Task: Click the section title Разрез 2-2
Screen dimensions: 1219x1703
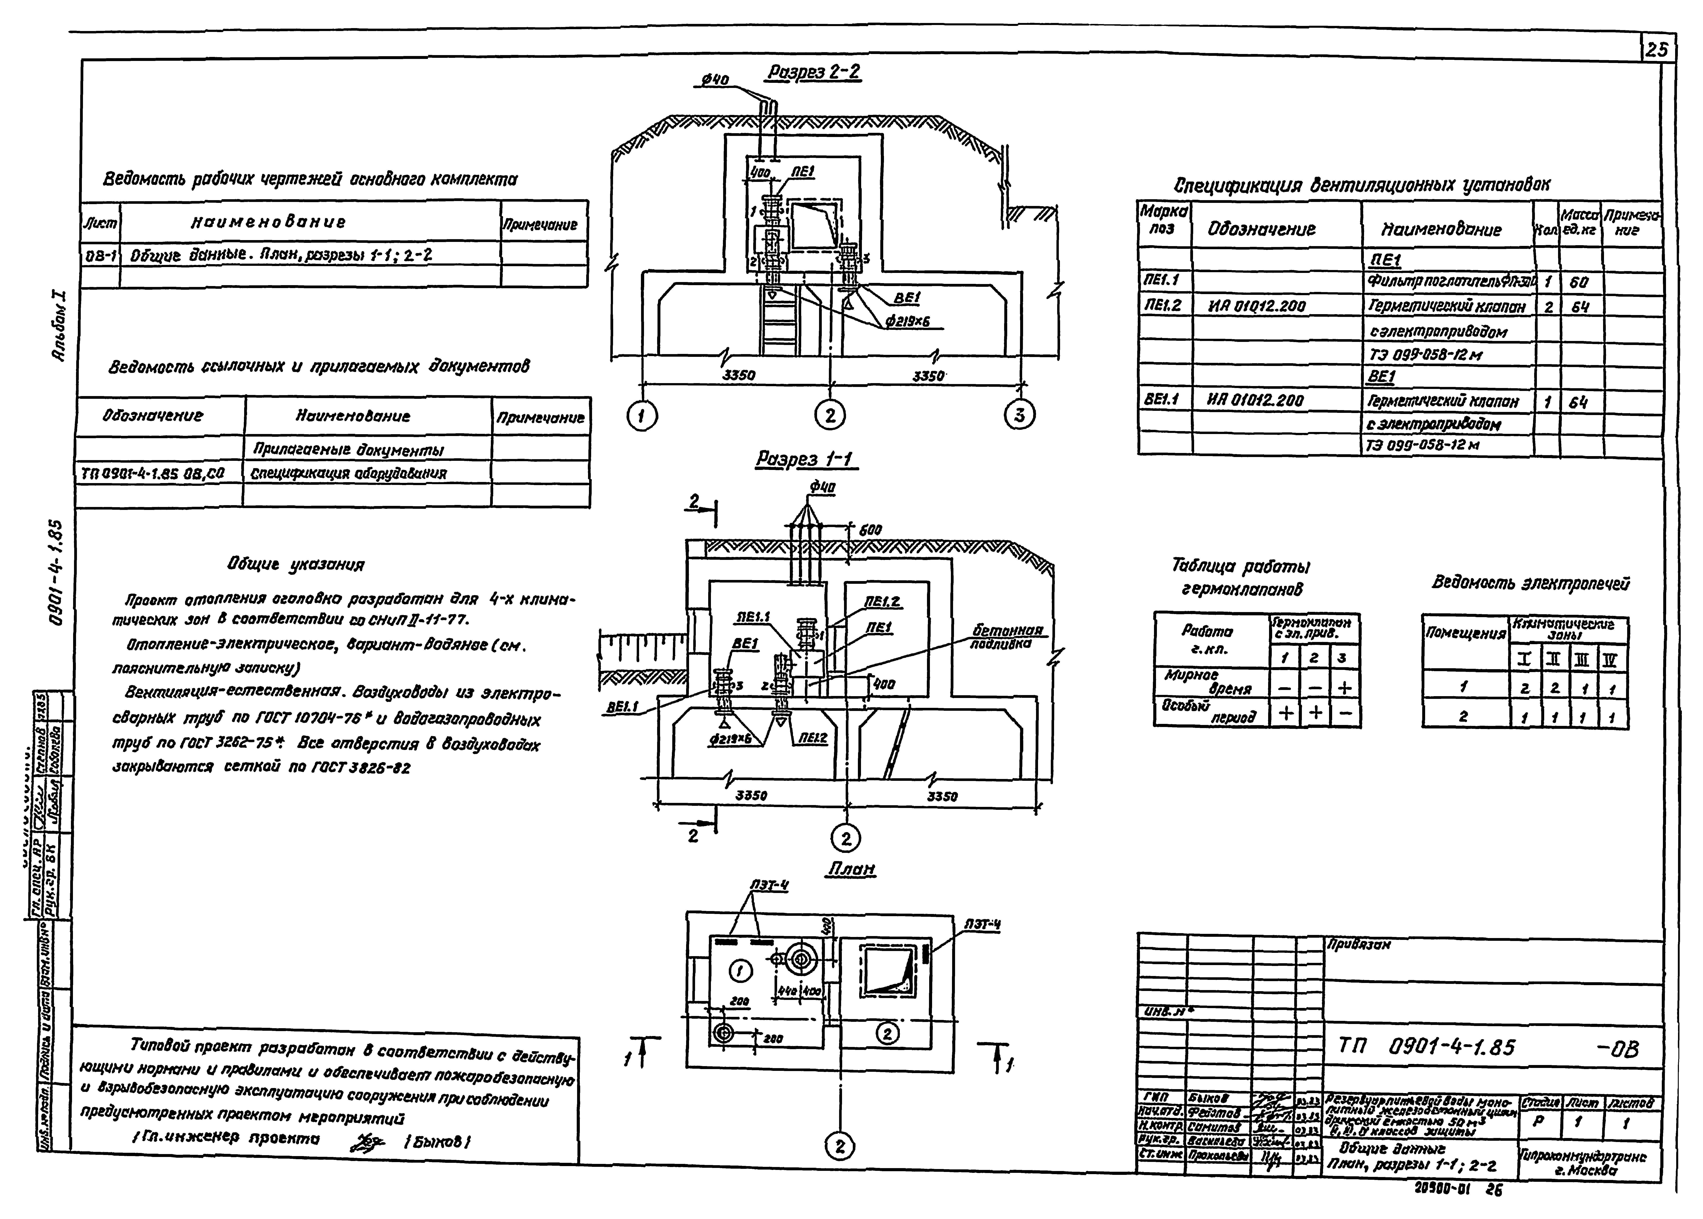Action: click(x=812, y=73)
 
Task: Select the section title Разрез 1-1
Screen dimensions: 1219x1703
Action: click(x=806, y=459)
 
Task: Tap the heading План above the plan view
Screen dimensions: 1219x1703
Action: click(x=851, y=869)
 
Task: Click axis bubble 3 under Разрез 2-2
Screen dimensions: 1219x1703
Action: click(x=1019, y=415)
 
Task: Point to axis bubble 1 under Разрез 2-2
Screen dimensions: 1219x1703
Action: click(x=641, y=415)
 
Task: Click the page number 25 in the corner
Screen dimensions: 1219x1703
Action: click(x=1657, y=50)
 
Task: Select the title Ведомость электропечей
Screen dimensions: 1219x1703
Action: click(x=1531, y=583)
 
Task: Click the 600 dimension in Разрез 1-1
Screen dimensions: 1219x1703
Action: click(x=870, y=530)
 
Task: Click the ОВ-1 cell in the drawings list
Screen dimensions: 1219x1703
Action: click(x=100, y=255)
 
